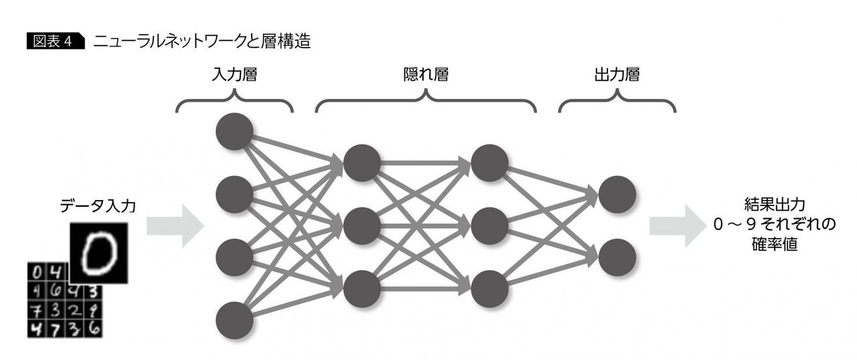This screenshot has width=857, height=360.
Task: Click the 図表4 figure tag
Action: coord(56,42)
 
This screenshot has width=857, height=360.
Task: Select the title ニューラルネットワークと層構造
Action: coord(202,42)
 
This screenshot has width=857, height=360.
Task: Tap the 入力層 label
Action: coord(234,75)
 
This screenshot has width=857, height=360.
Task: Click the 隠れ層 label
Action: coord(424,75)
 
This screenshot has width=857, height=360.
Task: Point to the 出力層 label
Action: coord(616,75)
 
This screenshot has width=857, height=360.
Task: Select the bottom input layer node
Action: coord(234,321)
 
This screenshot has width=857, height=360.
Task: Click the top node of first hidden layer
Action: coord(362,163)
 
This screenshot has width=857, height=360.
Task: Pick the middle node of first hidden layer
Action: coord(362,226)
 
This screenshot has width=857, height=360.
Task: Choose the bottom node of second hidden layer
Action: coord(489,289)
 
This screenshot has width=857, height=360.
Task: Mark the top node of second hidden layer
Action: coord(489,163)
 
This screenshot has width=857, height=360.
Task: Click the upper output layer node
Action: coord(617,195)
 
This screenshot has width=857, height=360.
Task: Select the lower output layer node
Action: coord(617,258)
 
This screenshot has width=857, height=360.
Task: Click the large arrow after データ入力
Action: coord(175,226)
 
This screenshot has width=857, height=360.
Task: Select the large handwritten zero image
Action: coord(99,253)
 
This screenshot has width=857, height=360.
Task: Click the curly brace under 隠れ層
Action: coord(426,101)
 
